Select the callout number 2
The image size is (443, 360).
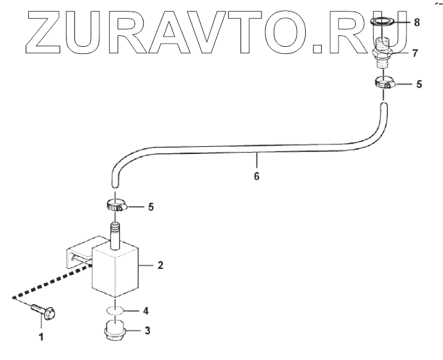160,264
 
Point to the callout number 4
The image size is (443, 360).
146,311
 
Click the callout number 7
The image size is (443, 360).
415,53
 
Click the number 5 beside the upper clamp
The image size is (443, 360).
419,84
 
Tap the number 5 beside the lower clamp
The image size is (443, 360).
151,207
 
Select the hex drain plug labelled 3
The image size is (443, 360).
114,334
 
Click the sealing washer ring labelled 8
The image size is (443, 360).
383,24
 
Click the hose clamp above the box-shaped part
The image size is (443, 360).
115,207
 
